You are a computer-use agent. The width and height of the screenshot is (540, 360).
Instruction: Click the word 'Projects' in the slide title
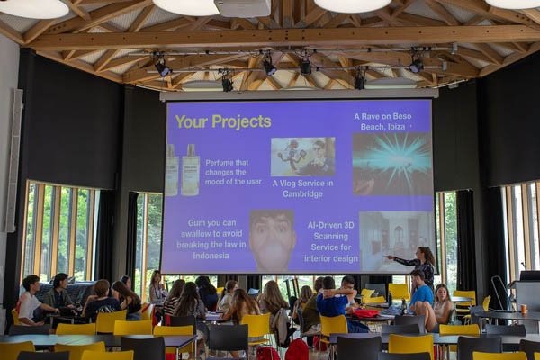[x=241, y=122]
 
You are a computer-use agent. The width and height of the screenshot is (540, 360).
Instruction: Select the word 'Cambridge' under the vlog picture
[x=302, y=193]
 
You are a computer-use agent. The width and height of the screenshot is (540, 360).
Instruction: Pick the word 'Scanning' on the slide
[x=330, y=237]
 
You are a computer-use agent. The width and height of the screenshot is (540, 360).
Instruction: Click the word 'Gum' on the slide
[x=196, y=223]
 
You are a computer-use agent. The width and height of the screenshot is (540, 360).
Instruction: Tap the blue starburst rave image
[x=392, y=164]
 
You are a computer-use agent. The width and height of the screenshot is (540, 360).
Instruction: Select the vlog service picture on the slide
[x=302, y=157]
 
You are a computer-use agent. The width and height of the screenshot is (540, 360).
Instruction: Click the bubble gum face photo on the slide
[x=273, y=239]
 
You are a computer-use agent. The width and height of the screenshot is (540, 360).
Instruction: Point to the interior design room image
[x=396, y=241]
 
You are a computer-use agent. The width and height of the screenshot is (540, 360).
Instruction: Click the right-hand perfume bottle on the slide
[x=191, y=170]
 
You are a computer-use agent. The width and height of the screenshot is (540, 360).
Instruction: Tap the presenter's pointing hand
[x=388, y=257]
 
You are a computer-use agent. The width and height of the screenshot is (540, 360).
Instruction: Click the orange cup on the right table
[x=524, y=309]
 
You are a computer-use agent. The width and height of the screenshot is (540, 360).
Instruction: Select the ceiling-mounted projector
[x=242, y=7]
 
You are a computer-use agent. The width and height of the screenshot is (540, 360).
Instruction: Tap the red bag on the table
[x=365, y=313]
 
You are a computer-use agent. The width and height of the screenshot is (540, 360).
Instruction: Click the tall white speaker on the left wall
[x=13, y=160]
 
